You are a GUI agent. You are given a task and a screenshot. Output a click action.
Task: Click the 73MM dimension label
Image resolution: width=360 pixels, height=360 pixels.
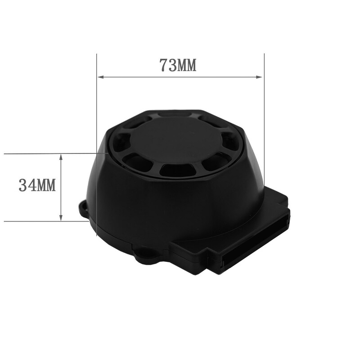178,65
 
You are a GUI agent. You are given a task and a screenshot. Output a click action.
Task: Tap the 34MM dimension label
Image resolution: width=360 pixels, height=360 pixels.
37,185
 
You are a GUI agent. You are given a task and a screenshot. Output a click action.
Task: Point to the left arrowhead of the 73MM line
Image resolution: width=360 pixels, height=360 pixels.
101,77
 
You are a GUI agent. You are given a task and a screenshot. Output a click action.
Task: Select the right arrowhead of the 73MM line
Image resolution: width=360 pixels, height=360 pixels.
259,77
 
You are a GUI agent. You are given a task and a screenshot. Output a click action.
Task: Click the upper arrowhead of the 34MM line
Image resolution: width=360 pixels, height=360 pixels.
61,157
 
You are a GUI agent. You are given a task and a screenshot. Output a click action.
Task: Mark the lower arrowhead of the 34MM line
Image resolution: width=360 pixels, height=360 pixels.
61,218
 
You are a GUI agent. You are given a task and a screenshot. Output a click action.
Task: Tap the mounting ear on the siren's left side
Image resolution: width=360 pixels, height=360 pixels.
84,208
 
